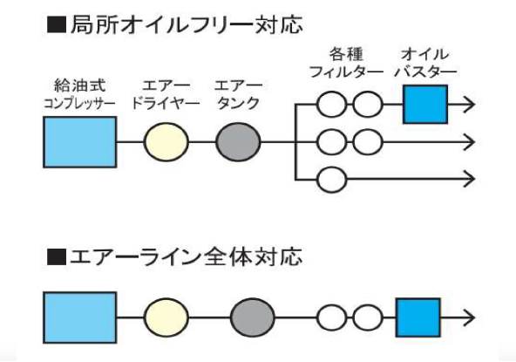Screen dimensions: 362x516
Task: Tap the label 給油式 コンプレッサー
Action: pos(79,94)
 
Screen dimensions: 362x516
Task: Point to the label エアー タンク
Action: pos(237,94)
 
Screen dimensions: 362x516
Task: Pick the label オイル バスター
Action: pos(424,62)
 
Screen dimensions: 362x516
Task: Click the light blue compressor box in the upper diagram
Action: pos(79,141)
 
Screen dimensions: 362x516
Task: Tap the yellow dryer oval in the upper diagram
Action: pos(166,141)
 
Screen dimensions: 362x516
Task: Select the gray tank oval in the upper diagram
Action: pos(237,141)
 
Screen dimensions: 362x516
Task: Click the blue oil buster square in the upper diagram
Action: pos(424,106)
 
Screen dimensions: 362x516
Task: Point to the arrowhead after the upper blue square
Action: pos(469,106)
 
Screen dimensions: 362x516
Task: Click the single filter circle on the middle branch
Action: pos(331,141)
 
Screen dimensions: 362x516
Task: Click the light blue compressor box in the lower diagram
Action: pos(79,317)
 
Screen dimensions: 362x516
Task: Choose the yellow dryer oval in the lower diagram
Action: pos(166,317)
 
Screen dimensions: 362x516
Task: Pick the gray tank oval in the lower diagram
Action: pos(253,317)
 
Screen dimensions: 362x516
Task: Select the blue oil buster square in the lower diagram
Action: pos(418,317)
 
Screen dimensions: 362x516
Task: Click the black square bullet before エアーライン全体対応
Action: pos(57,258)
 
